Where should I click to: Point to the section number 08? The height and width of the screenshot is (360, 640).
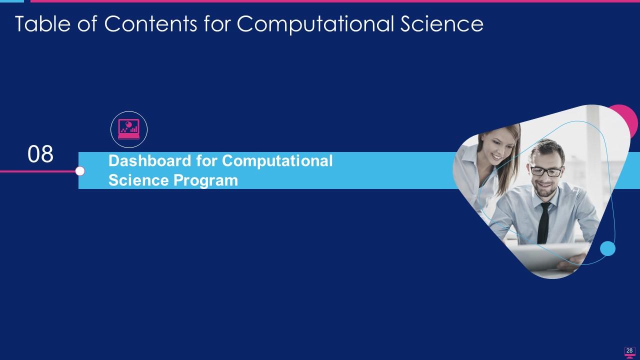[40, 154]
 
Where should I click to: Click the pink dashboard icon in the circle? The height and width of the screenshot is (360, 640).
[129, 129]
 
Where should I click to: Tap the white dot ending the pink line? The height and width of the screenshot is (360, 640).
[80, 171]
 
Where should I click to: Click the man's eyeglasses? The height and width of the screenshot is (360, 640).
[545, 171]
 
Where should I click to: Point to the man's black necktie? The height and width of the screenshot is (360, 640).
[543, 222]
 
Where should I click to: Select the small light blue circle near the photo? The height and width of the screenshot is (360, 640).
[607, 248]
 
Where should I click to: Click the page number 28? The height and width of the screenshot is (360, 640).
[629, 350]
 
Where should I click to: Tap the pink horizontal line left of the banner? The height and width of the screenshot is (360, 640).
[37, 171]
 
